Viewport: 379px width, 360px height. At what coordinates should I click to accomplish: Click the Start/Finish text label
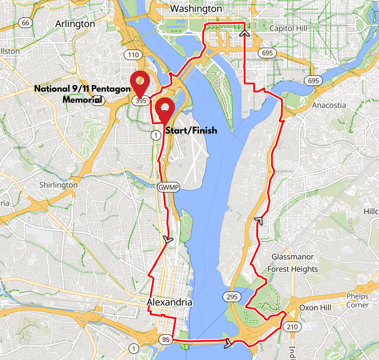pyautogui.click(x=191, y=130)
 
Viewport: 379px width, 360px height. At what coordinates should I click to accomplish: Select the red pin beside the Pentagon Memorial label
pyautogui.click(x=140, y=84)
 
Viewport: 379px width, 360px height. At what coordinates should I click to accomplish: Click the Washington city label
pyautogui.click(x=196, y=9)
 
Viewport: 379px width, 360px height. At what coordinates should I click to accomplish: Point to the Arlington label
pyautogui.click(x=75, y=23)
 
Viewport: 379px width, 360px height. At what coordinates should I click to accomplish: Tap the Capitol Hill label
pyautogui.click(x=287, y=28)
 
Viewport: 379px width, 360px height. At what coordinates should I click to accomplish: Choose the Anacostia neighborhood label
pyautogui.click(x=329, y=105)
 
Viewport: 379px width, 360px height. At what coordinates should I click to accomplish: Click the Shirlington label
pyautogui.click(x=58, y=185)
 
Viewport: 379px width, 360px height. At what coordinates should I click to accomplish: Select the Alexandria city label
pyautogui.click(x=169, y=302)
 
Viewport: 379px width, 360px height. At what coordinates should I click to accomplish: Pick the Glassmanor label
pyautogui.click(x=293, y=256)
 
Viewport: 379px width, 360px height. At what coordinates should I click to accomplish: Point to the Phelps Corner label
pyautogui.click(x=357, y=301)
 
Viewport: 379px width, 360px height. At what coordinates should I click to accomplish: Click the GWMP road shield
pyautogui.click(x=168, y=187)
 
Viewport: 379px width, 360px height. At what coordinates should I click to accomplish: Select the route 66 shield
pyautogui.click(x=26, y=23)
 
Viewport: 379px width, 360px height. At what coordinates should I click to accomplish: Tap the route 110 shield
pyautogui.click(x=133, y=55)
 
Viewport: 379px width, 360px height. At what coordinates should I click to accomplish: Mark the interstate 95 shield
pyautogui.click(x=166, y=340)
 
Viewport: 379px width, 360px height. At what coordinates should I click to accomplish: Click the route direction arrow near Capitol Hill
pyautogui.click(x=245, y=32)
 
